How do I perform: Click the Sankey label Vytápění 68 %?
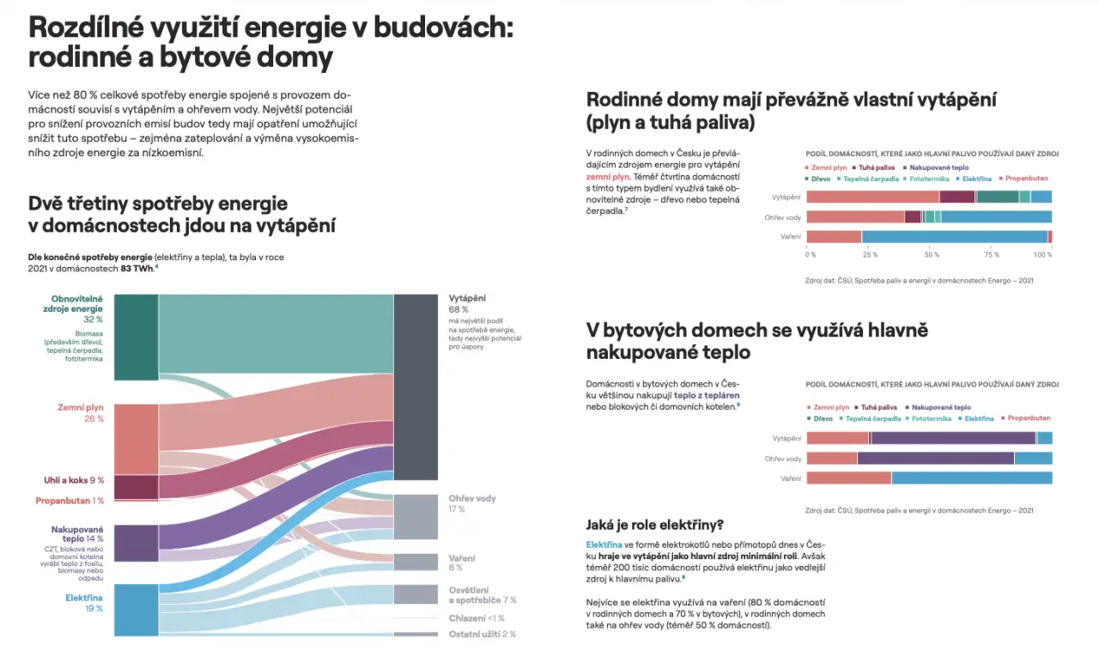(467, 303)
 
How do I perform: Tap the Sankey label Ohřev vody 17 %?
(471, 503)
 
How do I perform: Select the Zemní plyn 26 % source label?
(81, 412)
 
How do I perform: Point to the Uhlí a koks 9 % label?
(74, 480)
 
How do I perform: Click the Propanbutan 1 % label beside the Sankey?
(70, 501)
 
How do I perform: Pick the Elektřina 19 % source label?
(84, 602)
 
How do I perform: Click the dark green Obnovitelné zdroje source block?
(136, 337)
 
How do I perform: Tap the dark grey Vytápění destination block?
(416, 386)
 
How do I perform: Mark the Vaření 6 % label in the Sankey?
(461, 563)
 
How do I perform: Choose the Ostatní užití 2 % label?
(483, 634)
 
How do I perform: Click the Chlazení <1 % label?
(477, 618)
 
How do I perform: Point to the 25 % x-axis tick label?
(870, 255)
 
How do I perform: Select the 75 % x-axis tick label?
(992, 255)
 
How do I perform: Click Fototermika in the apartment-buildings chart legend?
(932, 419)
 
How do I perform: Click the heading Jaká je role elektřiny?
(654, 525)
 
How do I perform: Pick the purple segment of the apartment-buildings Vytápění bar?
(953, 438)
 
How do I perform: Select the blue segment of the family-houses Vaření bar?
(954, 237)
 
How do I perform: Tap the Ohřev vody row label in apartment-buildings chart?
(783, 459)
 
